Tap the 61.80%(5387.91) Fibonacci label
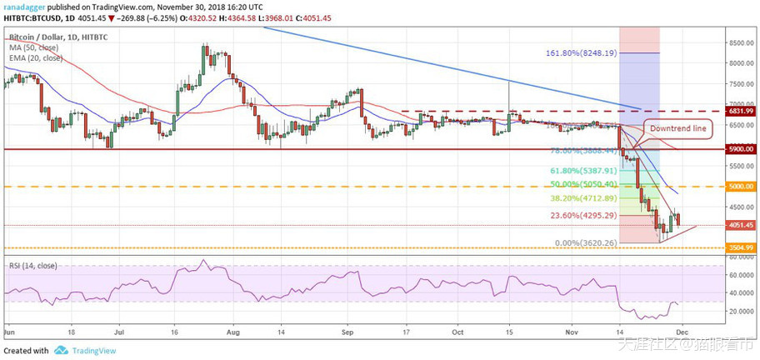(x=583, y=169)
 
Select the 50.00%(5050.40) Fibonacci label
(x=583, y=183)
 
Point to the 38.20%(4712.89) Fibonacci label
(x=583, y=198)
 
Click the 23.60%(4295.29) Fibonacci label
(x=583, y=215)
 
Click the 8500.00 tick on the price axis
(x=737, y=42)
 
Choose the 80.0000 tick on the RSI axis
(x=737, y=258)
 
